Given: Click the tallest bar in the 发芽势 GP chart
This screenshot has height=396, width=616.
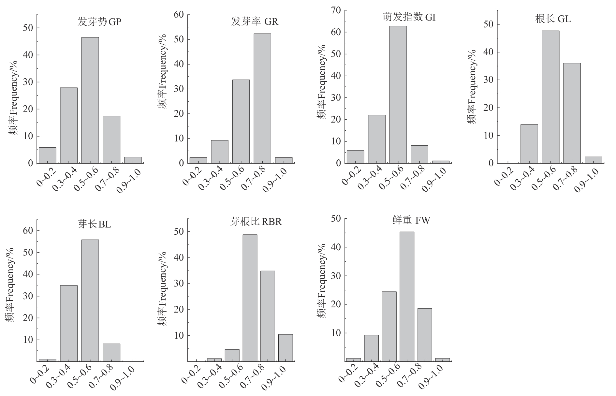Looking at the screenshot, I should click(x=90, y=100).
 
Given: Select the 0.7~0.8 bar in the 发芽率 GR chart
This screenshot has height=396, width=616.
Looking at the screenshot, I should click(x=262, y=98).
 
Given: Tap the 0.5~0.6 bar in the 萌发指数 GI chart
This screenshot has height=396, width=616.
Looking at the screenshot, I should click(x=398, y=95).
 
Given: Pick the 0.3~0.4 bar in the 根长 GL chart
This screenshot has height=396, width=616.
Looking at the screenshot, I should click(x=529, y=144).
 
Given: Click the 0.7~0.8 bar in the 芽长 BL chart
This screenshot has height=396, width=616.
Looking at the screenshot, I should click(x=111, y=353).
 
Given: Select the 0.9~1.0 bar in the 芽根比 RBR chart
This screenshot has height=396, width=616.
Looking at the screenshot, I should click(x=286, y=348).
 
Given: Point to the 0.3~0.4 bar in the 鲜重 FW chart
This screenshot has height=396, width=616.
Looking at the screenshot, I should click(x=371, y=348).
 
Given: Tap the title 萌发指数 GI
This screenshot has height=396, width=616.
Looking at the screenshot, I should click(x=409, y=17).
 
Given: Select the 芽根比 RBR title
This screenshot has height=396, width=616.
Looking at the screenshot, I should click(x=256, y=222).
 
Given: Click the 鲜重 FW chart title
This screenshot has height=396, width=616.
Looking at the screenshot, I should click(x=411, y=221).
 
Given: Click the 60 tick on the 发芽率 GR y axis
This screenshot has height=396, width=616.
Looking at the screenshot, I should click(x=181, y=15).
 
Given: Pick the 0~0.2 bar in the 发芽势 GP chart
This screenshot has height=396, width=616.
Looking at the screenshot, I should click(x=47, y=155).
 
